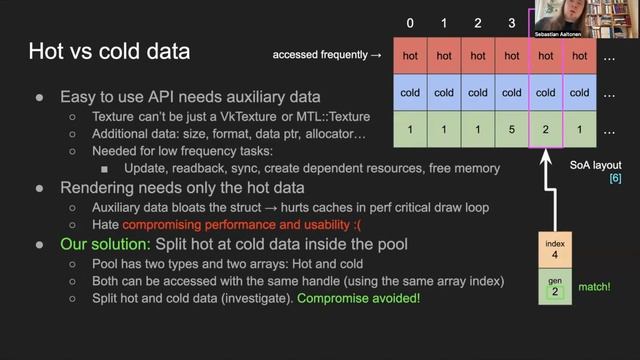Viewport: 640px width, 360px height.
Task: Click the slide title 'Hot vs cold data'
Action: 109,50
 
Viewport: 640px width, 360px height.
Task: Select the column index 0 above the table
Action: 410,22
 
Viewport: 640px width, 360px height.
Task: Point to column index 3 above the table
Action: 511,22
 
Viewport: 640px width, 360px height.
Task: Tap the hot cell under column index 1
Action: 444,56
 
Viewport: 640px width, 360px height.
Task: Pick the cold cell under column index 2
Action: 478,93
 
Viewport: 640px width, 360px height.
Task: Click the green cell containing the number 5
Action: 512,130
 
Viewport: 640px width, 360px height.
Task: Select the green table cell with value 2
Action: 545,130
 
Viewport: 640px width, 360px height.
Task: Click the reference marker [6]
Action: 615,177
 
